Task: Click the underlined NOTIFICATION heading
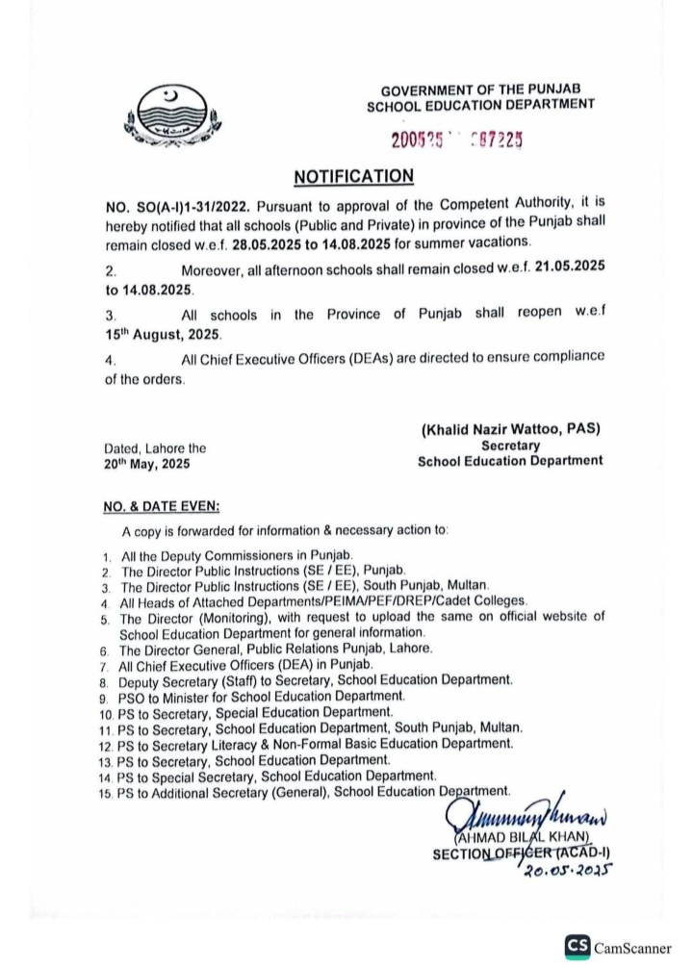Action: (353, 176)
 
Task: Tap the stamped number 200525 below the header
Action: (423, 140)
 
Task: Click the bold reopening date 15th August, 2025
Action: (163, 334)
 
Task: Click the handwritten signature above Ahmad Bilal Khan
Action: (515, 815)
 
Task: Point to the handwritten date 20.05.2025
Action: (566, 869)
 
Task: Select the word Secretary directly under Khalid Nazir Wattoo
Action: (510, 446)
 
